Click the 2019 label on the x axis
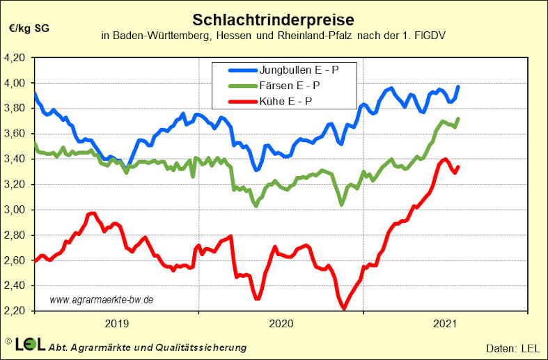pyautogui.click(x=116, y=322)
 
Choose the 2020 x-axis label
pyautogui.click(x=281, y=322)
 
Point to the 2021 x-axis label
pyautogui.click(x=445, y=322)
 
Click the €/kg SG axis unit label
pyautogui.click(x=29, y=29)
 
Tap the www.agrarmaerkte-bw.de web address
pyautogui.click(x=102, y=299)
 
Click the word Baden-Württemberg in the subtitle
pyautogui.click(x=154, y=36)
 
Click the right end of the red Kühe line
pyautogui.click(x=458, y=166)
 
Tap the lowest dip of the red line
pyautogui.click(x=343, y=308)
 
